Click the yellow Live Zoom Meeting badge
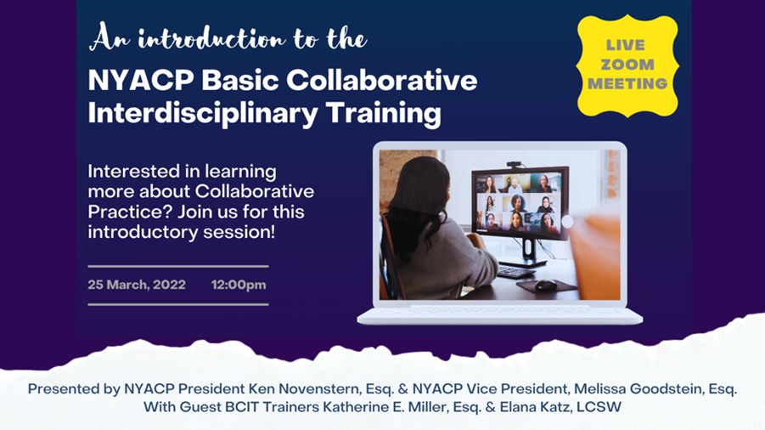627,65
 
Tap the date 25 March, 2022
137,285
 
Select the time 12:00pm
239,285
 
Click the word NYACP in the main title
141,80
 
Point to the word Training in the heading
384,114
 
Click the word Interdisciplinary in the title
203,114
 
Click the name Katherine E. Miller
385,407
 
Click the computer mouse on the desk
545,285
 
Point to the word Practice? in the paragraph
129,212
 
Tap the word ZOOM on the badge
627,65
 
